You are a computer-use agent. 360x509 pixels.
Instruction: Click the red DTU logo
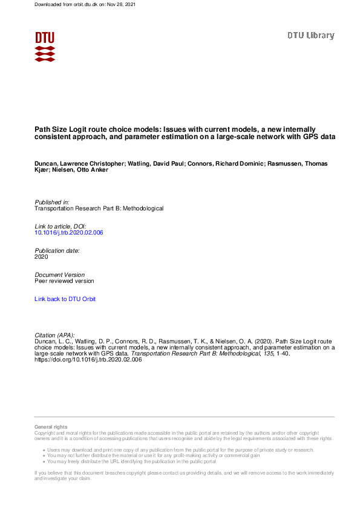(45, 46)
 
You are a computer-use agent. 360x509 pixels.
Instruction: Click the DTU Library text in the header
(310, 36)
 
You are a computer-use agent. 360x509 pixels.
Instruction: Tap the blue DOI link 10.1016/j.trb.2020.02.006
(69, 233)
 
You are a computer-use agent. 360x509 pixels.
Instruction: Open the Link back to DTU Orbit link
(65, 299)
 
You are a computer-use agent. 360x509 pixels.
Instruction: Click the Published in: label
(52, 202)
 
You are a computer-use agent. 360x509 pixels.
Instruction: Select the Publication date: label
(57, 250)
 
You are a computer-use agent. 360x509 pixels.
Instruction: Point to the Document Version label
(60, 274)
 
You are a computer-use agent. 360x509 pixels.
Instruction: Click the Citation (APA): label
(55, 335)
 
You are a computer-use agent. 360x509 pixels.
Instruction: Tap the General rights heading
(51, 427)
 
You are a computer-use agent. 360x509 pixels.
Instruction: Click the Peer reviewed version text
(65, 281)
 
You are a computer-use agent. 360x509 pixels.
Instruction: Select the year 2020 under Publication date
(42, 257)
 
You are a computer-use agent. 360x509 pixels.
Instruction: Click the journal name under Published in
(99, 209)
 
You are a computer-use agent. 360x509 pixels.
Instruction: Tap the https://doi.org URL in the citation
(88, 360)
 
